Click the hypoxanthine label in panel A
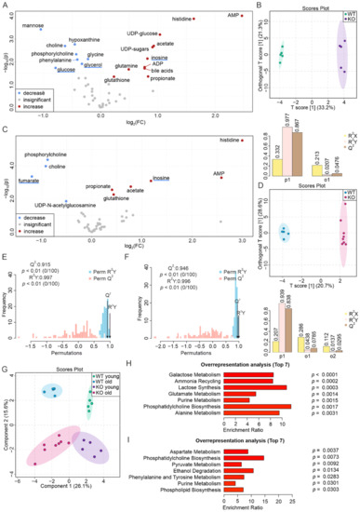pos(84,40)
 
